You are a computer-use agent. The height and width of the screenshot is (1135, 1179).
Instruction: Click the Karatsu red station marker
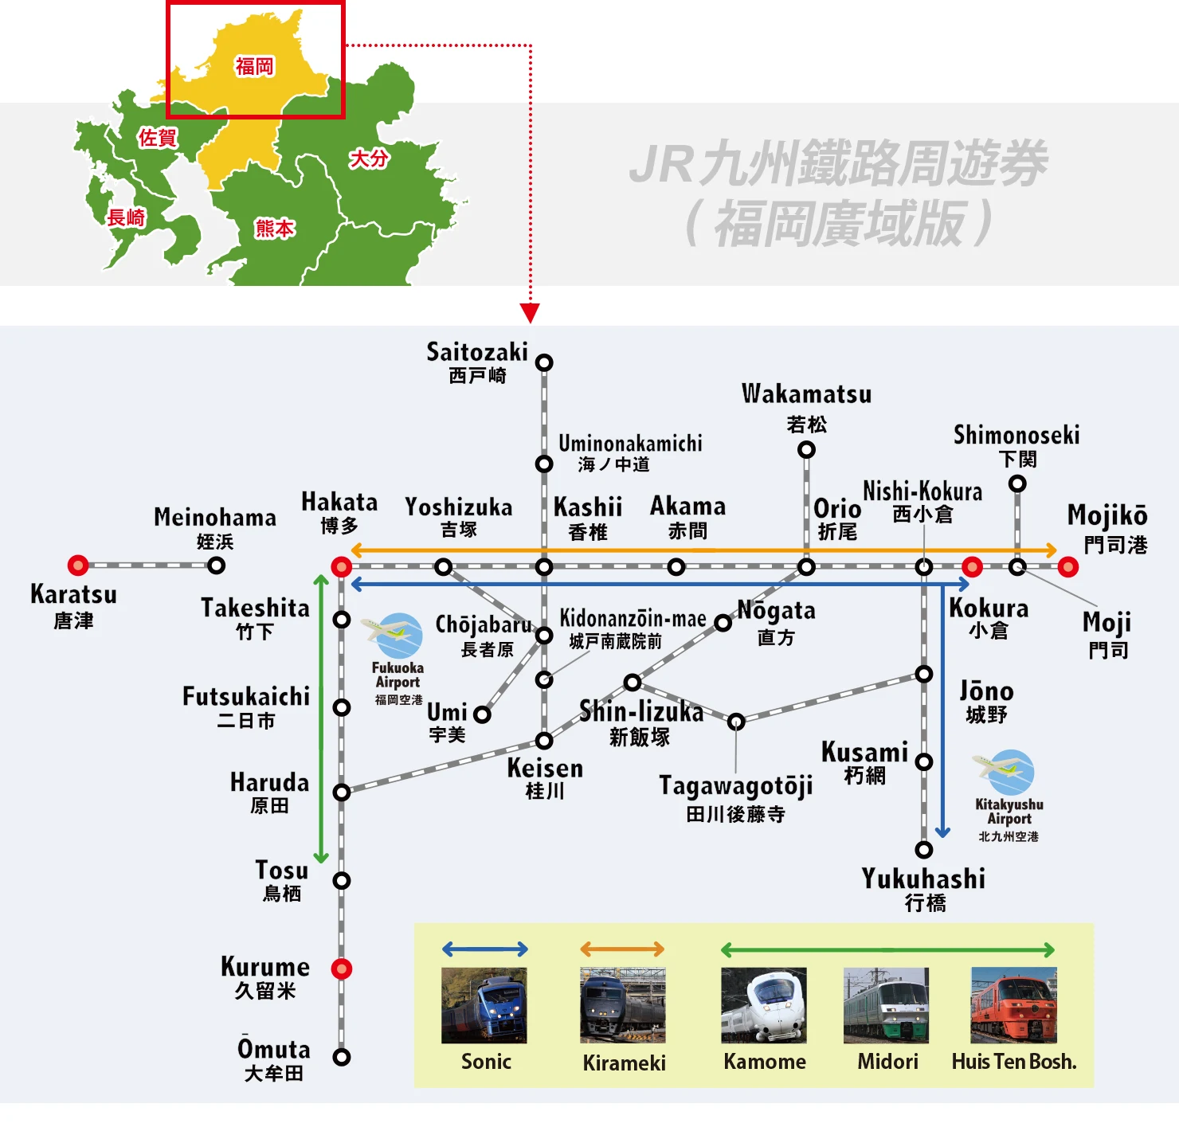78,566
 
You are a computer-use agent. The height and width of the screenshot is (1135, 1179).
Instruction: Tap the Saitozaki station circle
544,362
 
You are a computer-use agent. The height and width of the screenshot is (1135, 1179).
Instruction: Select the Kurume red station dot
342,969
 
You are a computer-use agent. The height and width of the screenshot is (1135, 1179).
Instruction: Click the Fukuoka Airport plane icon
394,635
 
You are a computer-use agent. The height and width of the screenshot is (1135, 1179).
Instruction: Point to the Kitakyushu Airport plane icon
1005,772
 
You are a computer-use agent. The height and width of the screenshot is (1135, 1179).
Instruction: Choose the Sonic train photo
484,1005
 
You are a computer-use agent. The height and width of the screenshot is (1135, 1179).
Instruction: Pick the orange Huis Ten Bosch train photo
1013,1005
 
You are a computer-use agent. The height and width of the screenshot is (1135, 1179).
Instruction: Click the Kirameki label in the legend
624,1063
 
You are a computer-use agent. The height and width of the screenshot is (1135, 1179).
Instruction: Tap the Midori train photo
886,1005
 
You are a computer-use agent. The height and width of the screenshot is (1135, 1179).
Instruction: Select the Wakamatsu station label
806,394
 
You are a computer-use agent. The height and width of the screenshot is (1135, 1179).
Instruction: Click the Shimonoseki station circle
1017,483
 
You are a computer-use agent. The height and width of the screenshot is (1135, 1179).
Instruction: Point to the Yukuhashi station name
923,879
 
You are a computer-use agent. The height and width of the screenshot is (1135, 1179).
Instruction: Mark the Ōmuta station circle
342,1057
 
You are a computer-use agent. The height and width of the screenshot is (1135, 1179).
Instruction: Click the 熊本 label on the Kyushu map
275,229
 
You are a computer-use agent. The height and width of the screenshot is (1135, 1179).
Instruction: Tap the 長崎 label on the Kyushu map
127,217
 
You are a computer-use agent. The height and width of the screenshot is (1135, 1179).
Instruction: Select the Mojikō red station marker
1068,567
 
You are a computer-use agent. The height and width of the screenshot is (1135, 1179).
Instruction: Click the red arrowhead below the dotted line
530,312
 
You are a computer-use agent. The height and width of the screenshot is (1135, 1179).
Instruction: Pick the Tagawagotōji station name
735,786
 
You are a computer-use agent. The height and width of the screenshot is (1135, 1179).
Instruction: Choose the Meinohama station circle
216,566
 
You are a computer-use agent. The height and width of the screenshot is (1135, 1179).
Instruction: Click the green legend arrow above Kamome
887,949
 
